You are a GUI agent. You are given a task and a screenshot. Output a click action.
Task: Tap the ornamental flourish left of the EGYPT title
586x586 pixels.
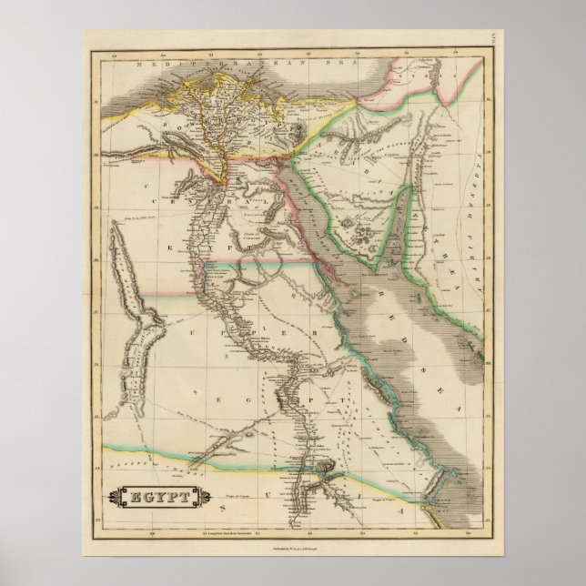click(112, 498)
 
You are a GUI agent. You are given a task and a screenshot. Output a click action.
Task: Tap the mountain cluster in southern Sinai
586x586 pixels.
click(365, 231)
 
